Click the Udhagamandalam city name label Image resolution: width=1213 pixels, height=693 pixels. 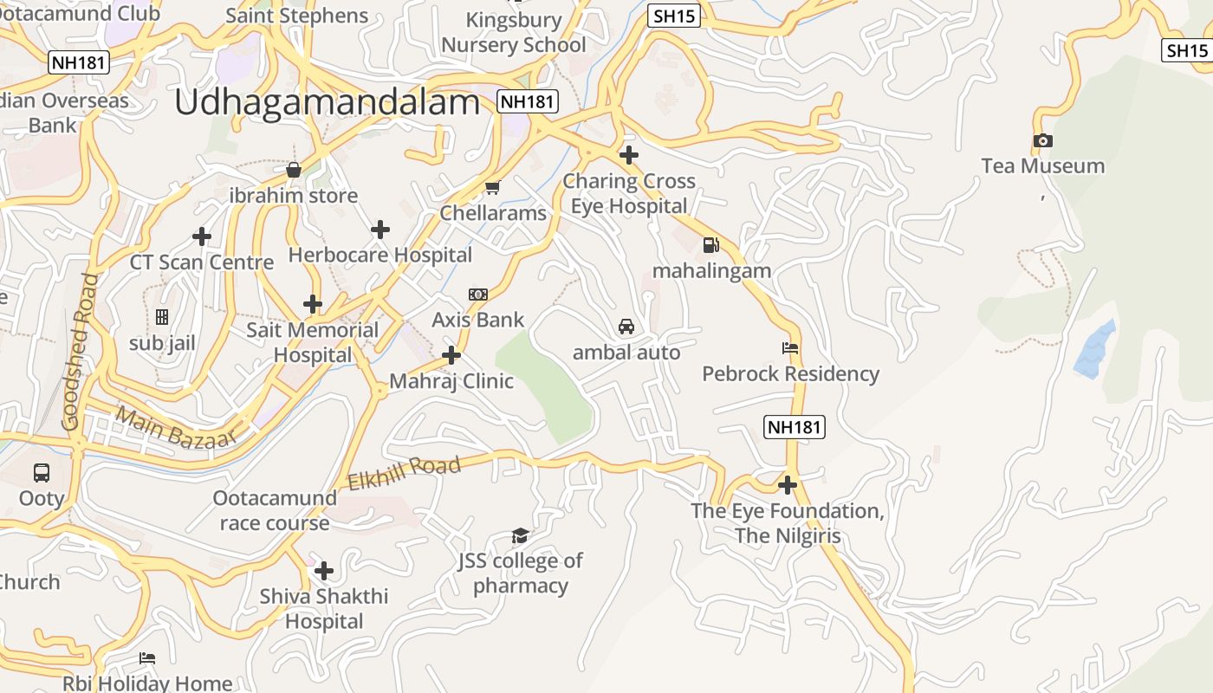point(327,102)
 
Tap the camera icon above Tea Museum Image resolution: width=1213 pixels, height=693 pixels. point(1042,140)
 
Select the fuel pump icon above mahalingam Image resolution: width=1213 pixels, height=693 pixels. point(710,245)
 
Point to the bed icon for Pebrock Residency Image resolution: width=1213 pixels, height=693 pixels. point(790,348)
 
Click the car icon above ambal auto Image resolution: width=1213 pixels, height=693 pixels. point(626,327)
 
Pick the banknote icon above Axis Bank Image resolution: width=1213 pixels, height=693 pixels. point(478,295)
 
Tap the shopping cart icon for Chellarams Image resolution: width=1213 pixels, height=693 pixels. point(492,187)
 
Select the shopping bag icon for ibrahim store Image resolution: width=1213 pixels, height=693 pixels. point(294,170)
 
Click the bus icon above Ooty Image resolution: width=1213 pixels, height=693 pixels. point(42,473)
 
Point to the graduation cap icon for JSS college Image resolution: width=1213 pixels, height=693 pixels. point(520,535)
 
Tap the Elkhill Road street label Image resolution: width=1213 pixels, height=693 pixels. point(404,474)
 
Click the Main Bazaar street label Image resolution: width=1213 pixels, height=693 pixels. point(176,428)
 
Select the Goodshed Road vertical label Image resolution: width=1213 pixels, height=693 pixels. point(76,352)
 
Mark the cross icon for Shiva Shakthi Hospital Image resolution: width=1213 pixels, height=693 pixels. point(324,571)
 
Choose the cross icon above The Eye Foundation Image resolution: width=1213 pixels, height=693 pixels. point(787,485)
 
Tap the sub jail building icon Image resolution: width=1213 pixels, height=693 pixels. point(162,318)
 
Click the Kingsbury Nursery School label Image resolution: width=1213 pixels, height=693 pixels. point(514,32)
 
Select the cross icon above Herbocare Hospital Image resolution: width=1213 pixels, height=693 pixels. point(379,230)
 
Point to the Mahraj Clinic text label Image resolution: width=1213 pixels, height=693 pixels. point(451,381)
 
